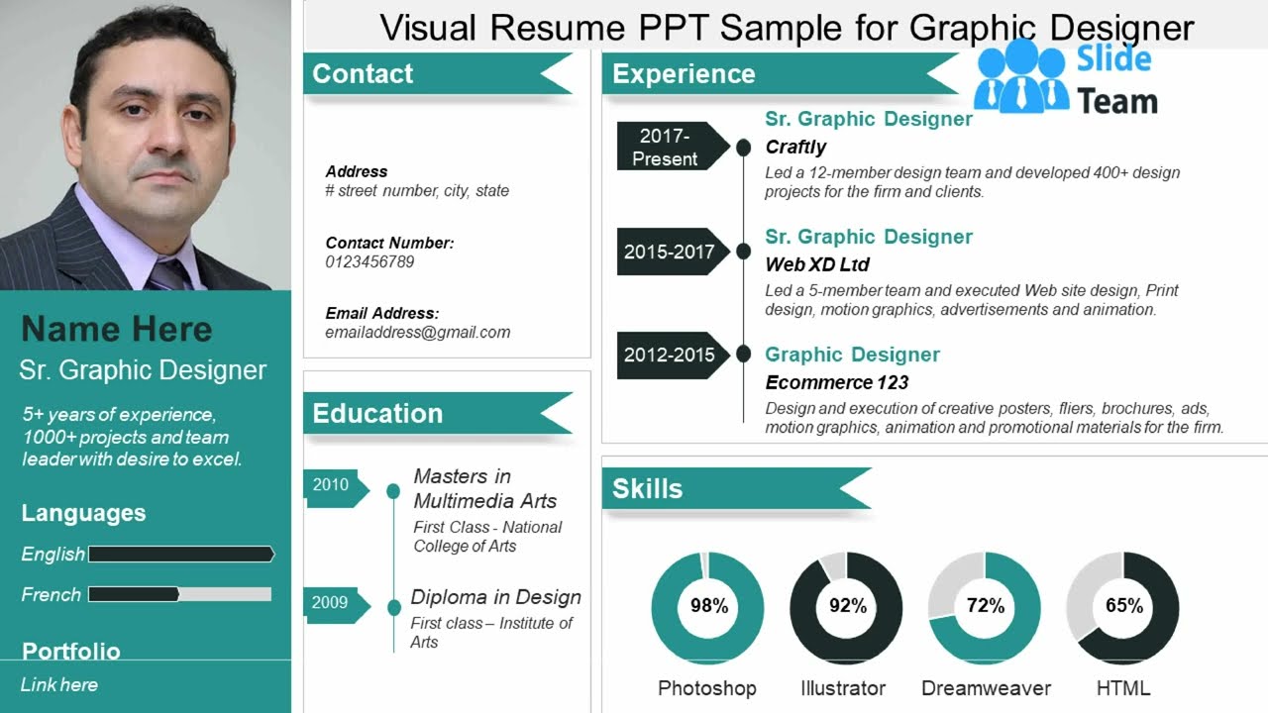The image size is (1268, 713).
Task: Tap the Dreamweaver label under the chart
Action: [x=986, y=688]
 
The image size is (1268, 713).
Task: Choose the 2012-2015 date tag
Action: [x=670, y=355]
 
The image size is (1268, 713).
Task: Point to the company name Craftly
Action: [x=795, y=148]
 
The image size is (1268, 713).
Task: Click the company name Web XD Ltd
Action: [x=817, y=264]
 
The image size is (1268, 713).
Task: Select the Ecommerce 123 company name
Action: [x=837, y=382]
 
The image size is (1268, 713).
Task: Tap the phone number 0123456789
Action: [x=370, y=262]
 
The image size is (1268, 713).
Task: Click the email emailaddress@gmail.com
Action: [x=417, y=333]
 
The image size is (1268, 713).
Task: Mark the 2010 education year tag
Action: [x=332, y=485]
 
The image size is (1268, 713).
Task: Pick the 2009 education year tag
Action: [x=332, y=602]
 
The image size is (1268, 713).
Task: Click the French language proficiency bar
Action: [x=179, y=594]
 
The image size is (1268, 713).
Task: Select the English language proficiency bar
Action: [x=181, y=555]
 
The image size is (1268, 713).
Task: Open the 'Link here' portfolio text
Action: [x=59, y=684]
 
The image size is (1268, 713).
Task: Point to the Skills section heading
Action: [x=648, y=488]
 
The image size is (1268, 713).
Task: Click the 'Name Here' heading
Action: [x=117, y=330]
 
